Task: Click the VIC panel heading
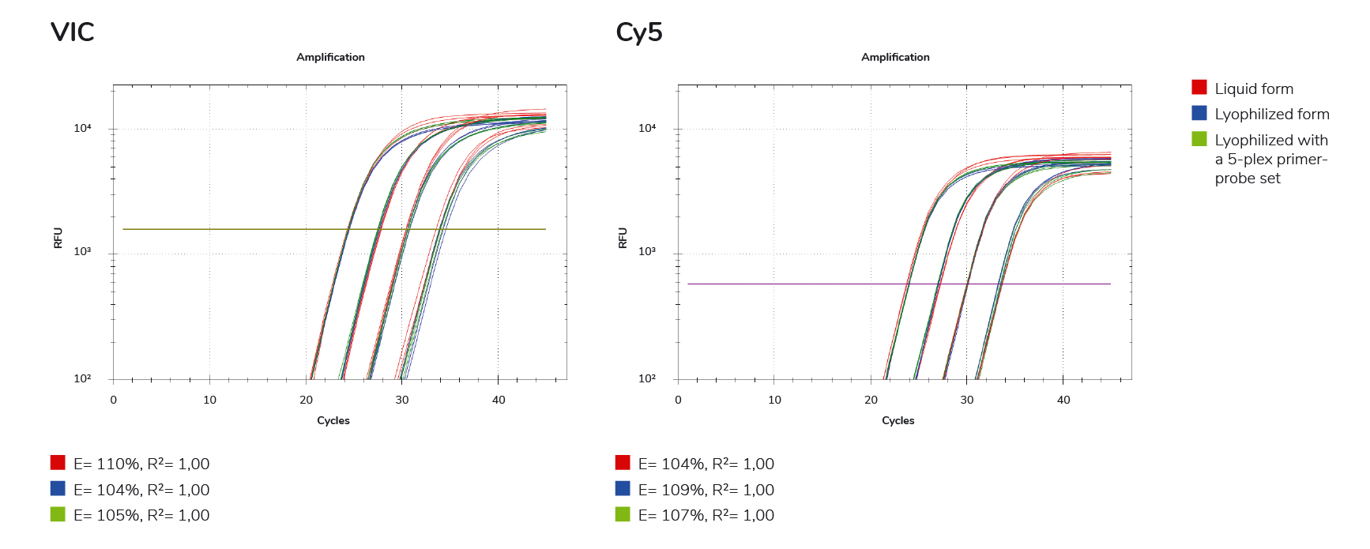72,32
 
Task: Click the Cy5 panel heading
638,32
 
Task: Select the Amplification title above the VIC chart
330,57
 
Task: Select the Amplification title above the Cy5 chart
895,57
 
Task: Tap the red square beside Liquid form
1199,88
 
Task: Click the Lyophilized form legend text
1271,115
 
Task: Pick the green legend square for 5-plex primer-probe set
1199,139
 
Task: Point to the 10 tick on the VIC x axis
209,400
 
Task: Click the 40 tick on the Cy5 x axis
1063,400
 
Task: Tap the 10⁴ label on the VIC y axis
83,128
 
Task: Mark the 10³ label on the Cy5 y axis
647,252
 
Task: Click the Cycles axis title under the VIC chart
333,420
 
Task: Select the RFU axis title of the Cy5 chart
623,238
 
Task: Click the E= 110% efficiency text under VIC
141,464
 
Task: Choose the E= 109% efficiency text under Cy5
706,490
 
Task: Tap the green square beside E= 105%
58,514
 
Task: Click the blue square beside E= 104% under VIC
58,489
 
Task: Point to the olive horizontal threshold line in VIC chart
237,229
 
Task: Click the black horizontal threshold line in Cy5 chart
790,284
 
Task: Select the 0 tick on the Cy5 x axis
678,400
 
